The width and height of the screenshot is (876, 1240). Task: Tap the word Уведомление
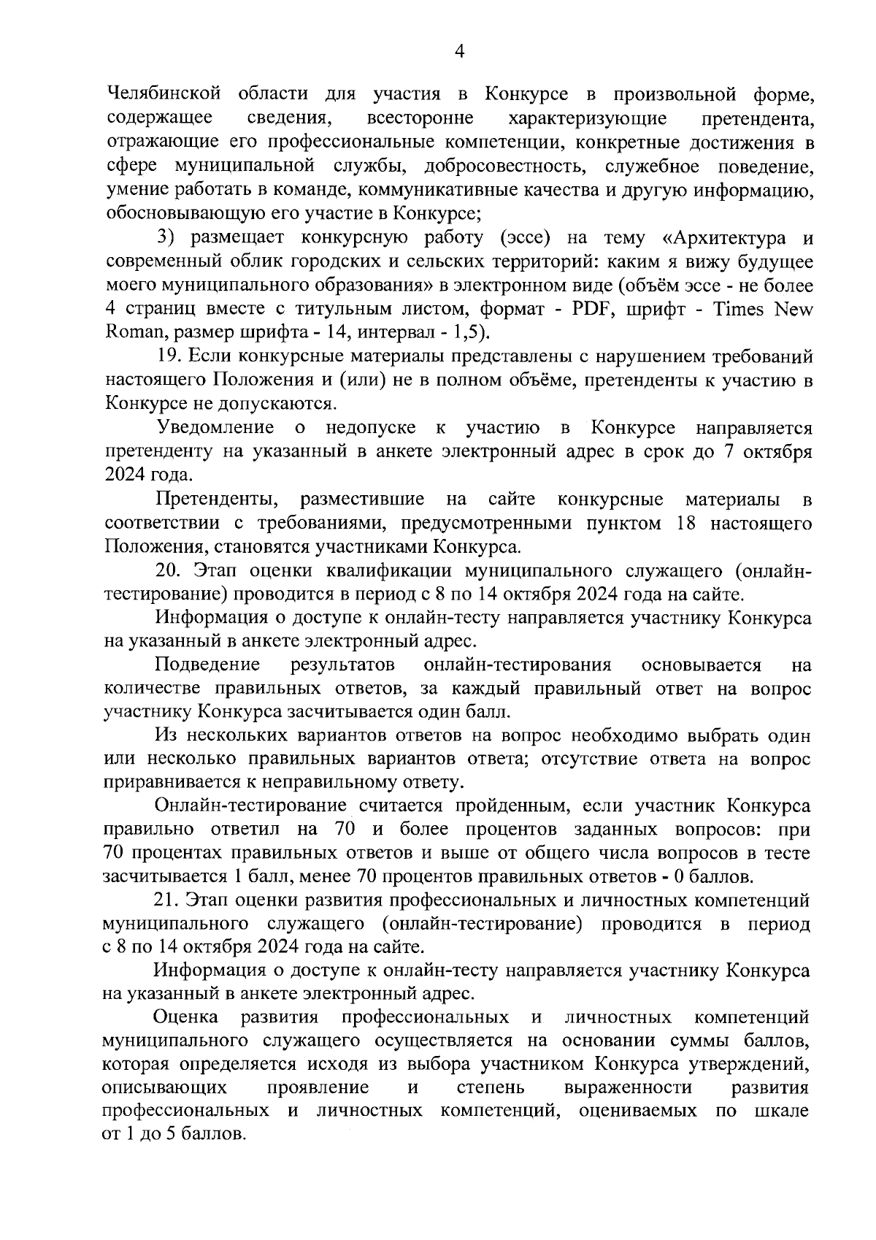[215, 427]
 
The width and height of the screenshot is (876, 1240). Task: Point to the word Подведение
[207, 665]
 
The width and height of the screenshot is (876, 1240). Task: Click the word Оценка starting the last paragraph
[186, 1017]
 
